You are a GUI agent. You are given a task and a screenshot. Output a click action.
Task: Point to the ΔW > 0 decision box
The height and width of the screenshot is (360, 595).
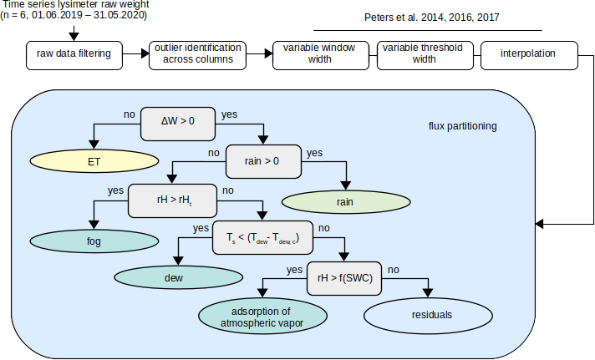pos(177,121)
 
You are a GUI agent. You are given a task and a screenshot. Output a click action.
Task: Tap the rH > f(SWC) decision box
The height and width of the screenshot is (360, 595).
pos(343,279)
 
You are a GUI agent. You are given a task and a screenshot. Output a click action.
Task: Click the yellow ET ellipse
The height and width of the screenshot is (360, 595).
pos(94,161)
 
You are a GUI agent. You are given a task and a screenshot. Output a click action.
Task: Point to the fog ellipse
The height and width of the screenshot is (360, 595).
pos(94,241)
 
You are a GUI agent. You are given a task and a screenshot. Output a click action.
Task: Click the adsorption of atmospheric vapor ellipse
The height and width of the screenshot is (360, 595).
pos(263,316)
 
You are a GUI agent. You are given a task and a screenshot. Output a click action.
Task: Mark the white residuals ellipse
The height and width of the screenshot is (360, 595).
pos(429,315)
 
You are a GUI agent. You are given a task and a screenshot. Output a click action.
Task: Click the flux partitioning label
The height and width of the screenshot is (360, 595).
pos(462,127)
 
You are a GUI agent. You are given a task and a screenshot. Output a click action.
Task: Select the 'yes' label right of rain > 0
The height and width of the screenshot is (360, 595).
pos(314,153)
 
